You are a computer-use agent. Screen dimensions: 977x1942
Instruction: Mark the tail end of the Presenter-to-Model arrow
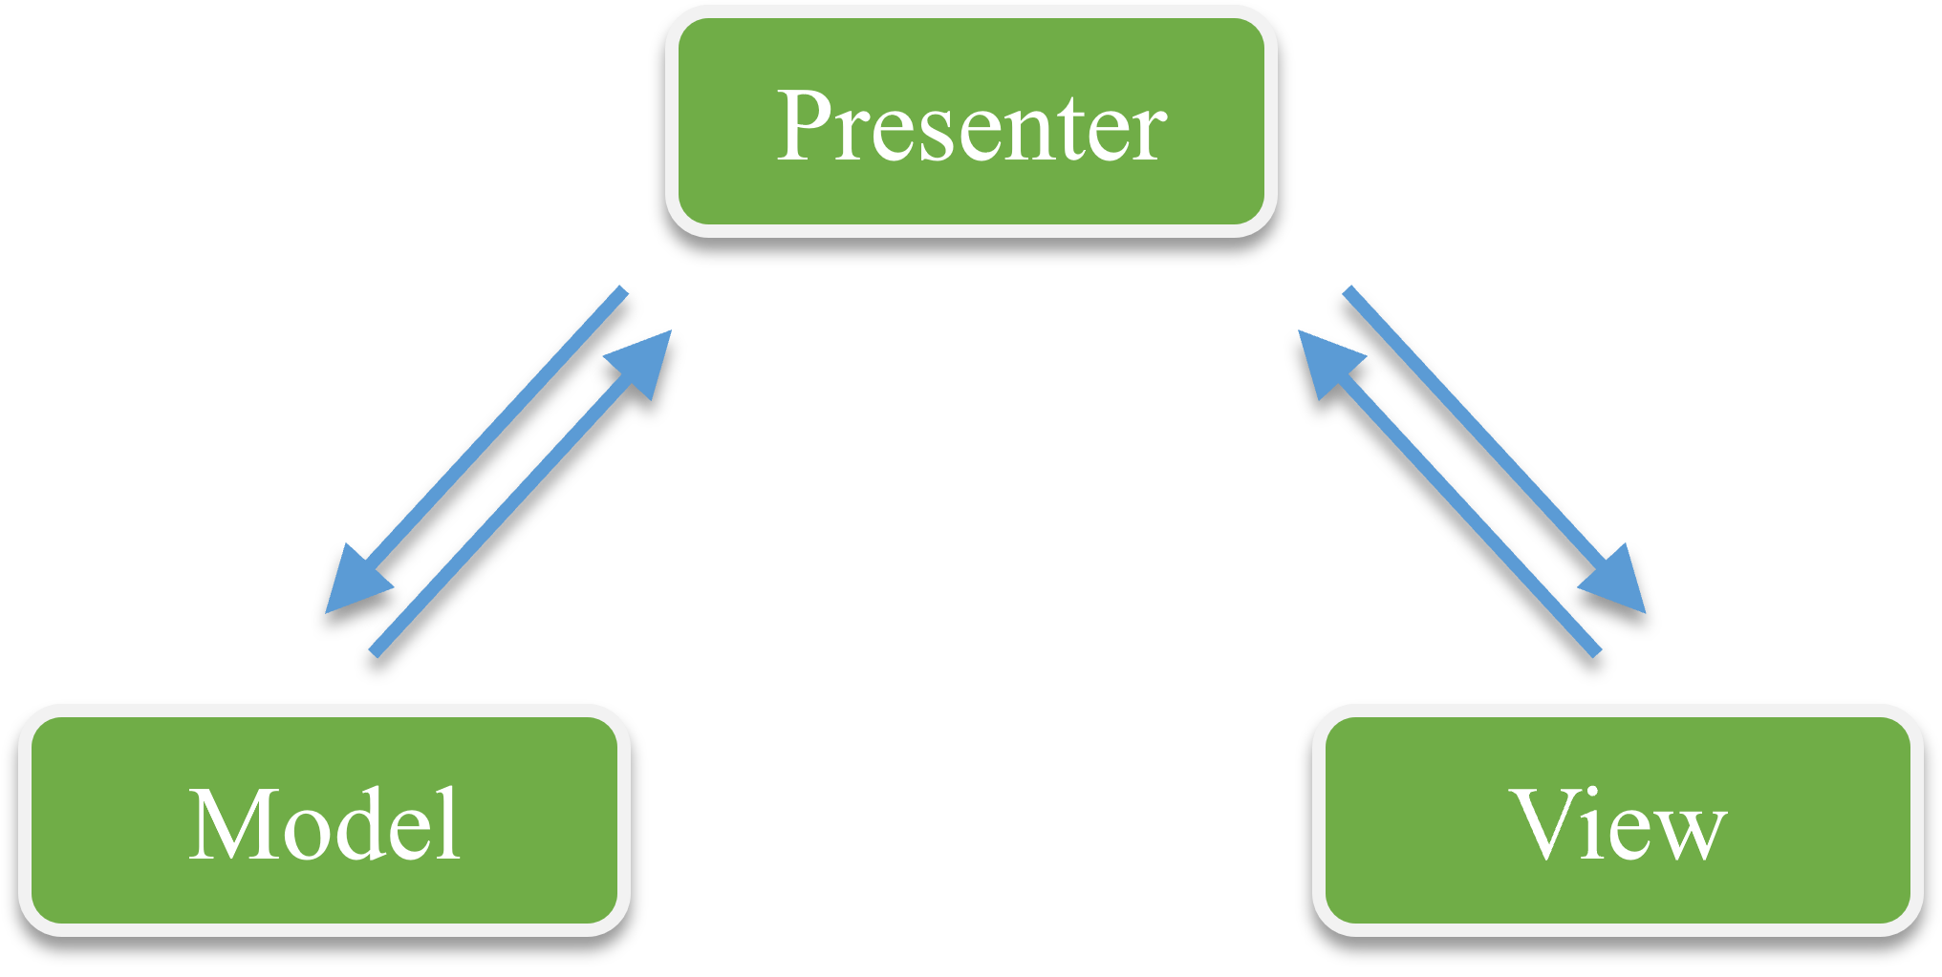(x=623, y=290)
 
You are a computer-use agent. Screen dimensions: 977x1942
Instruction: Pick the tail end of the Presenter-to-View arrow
(x=1349, y=290)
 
